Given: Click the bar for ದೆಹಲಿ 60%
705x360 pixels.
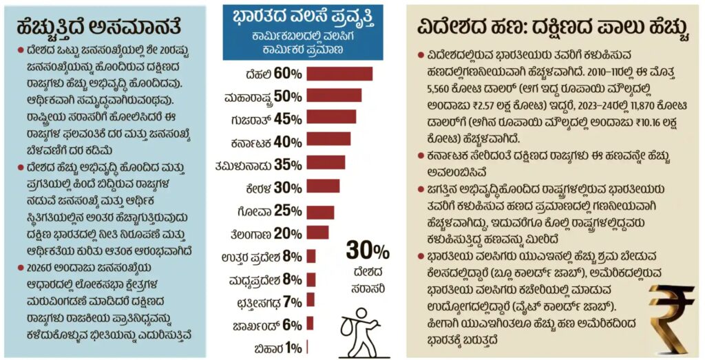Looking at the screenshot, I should (339, 74).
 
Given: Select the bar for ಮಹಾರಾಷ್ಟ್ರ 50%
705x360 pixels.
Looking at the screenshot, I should (334, 96).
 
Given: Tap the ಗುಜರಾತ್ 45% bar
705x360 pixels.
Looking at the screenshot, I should (331, 118).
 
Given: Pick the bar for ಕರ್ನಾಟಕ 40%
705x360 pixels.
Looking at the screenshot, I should (328, 140).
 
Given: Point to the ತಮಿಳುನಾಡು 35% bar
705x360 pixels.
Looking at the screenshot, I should (326, 162).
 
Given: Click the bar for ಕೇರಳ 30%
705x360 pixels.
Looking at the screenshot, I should (323, 186).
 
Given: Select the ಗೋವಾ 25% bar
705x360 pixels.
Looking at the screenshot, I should (320, 211).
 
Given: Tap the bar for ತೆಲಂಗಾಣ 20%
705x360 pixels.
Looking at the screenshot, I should (317, 233).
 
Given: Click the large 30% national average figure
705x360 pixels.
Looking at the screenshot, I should (367, 251).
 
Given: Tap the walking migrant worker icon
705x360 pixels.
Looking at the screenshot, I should (360, 329).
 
